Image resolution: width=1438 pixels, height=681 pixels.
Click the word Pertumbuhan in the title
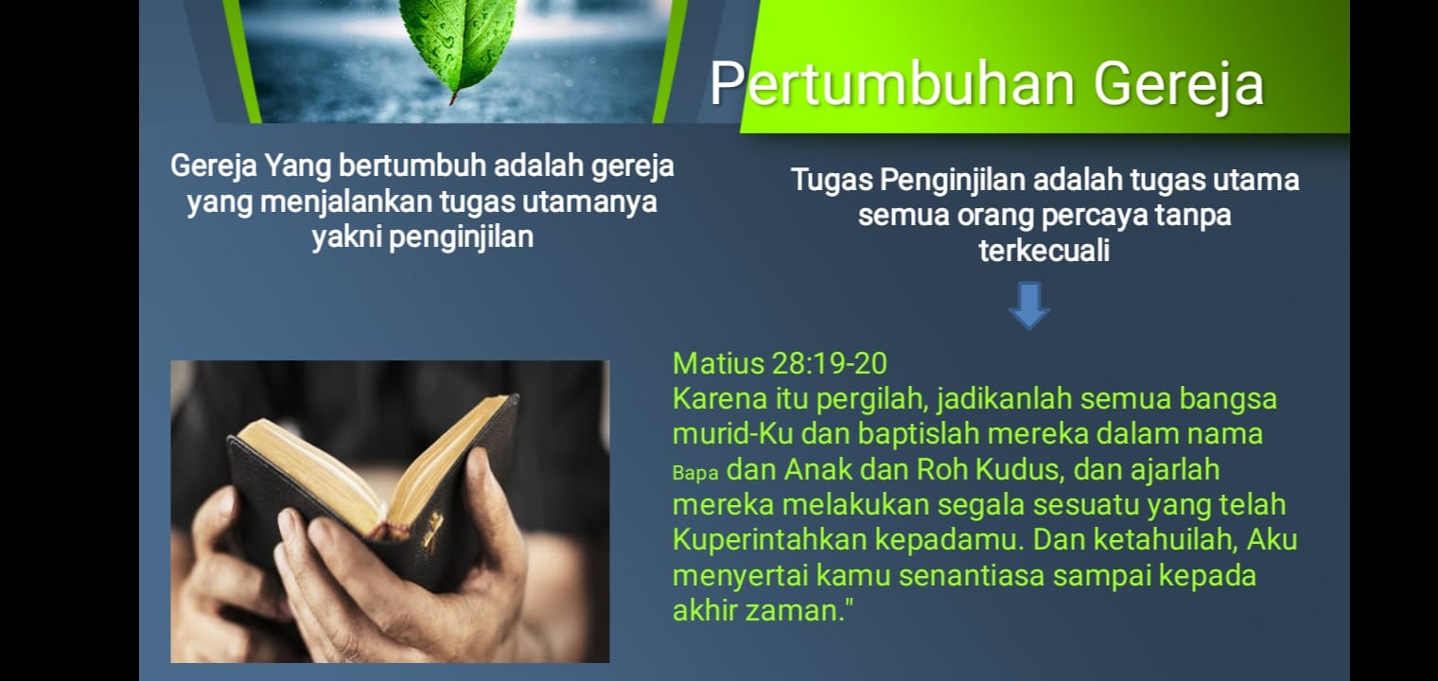892,83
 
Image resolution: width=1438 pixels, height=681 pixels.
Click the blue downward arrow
1029,306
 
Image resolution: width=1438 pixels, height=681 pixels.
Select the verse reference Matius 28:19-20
780,363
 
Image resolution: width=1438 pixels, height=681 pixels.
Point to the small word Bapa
695,473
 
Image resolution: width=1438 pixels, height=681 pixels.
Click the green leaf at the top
458,46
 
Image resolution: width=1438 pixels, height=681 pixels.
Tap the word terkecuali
1043,250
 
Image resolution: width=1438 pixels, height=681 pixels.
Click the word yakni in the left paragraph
346,236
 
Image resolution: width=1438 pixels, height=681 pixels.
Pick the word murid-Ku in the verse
732,434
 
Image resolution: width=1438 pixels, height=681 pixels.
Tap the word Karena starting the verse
720,398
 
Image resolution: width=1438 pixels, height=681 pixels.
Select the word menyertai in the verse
740,575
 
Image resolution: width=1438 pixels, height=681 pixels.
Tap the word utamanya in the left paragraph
589,202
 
